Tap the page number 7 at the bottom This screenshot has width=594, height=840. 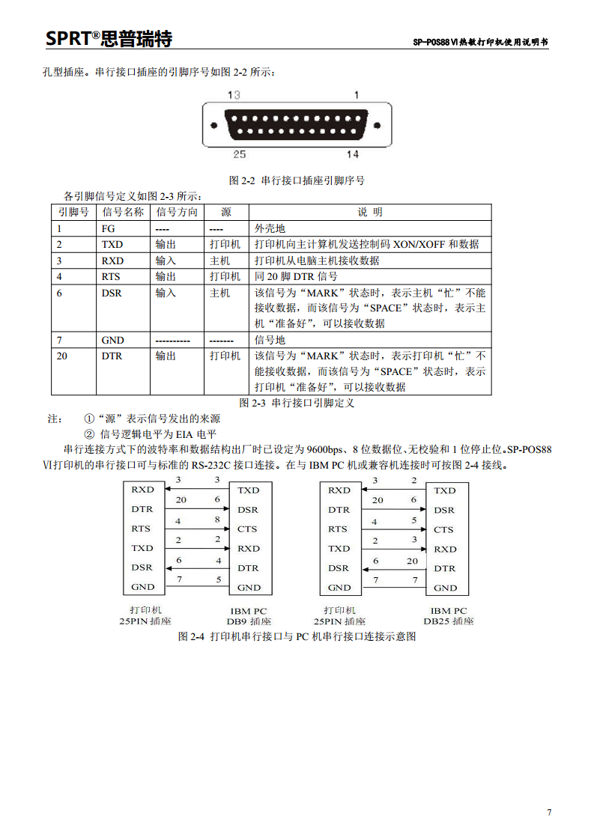(x=549, y=813)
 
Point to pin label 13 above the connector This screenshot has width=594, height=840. (x=234, y=95)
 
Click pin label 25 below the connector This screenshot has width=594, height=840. (x=239, y=154)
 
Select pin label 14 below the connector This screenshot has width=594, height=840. (x=352, y=154)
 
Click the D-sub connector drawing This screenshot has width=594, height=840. (x=297, y=124)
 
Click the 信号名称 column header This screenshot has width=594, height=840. (x=123, y=212)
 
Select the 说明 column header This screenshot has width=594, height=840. (x=369, y=212)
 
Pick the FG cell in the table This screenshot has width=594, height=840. (x=108, y=228)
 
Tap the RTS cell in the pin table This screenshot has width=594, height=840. (x=110, y=276)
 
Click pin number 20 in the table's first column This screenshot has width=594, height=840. (x=61, y=356)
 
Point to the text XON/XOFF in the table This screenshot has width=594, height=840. (x=419, y=245)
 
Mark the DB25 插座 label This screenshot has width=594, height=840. (x=449, y=621)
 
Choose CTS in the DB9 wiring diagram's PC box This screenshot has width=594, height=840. (x=248, y=529)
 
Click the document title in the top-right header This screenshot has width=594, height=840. (x=480, y=43)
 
